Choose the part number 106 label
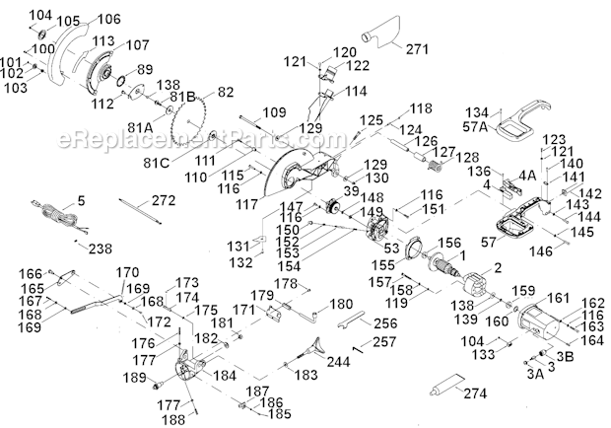[x=109, y=19]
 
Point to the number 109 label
[x=275, y=111]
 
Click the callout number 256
[x=360, y=321]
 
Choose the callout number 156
[x=449, y=244]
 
